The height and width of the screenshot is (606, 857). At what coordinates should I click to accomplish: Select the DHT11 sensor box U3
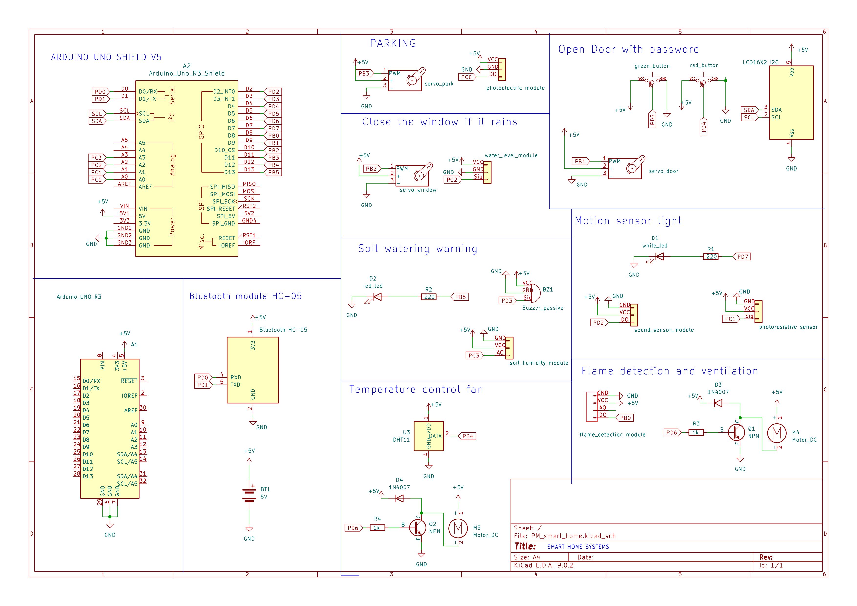tap(428, 436)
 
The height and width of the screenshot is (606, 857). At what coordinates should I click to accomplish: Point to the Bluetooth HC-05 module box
tap(253, 370)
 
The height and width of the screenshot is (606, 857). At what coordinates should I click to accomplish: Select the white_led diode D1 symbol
tap(659, 257)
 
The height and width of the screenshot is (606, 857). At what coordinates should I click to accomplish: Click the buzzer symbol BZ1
tap(535, 293)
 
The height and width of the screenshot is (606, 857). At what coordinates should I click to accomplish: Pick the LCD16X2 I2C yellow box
tap(791, 103)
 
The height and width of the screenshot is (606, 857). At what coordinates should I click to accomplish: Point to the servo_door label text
tap(663, 171)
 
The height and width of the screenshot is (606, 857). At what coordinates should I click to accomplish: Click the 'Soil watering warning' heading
tap(417, 249)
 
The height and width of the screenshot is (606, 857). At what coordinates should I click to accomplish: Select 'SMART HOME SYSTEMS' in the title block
tap(578, 547)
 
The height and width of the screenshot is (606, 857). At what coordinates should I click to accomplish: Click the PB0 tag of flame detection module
tap(625, 418)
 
